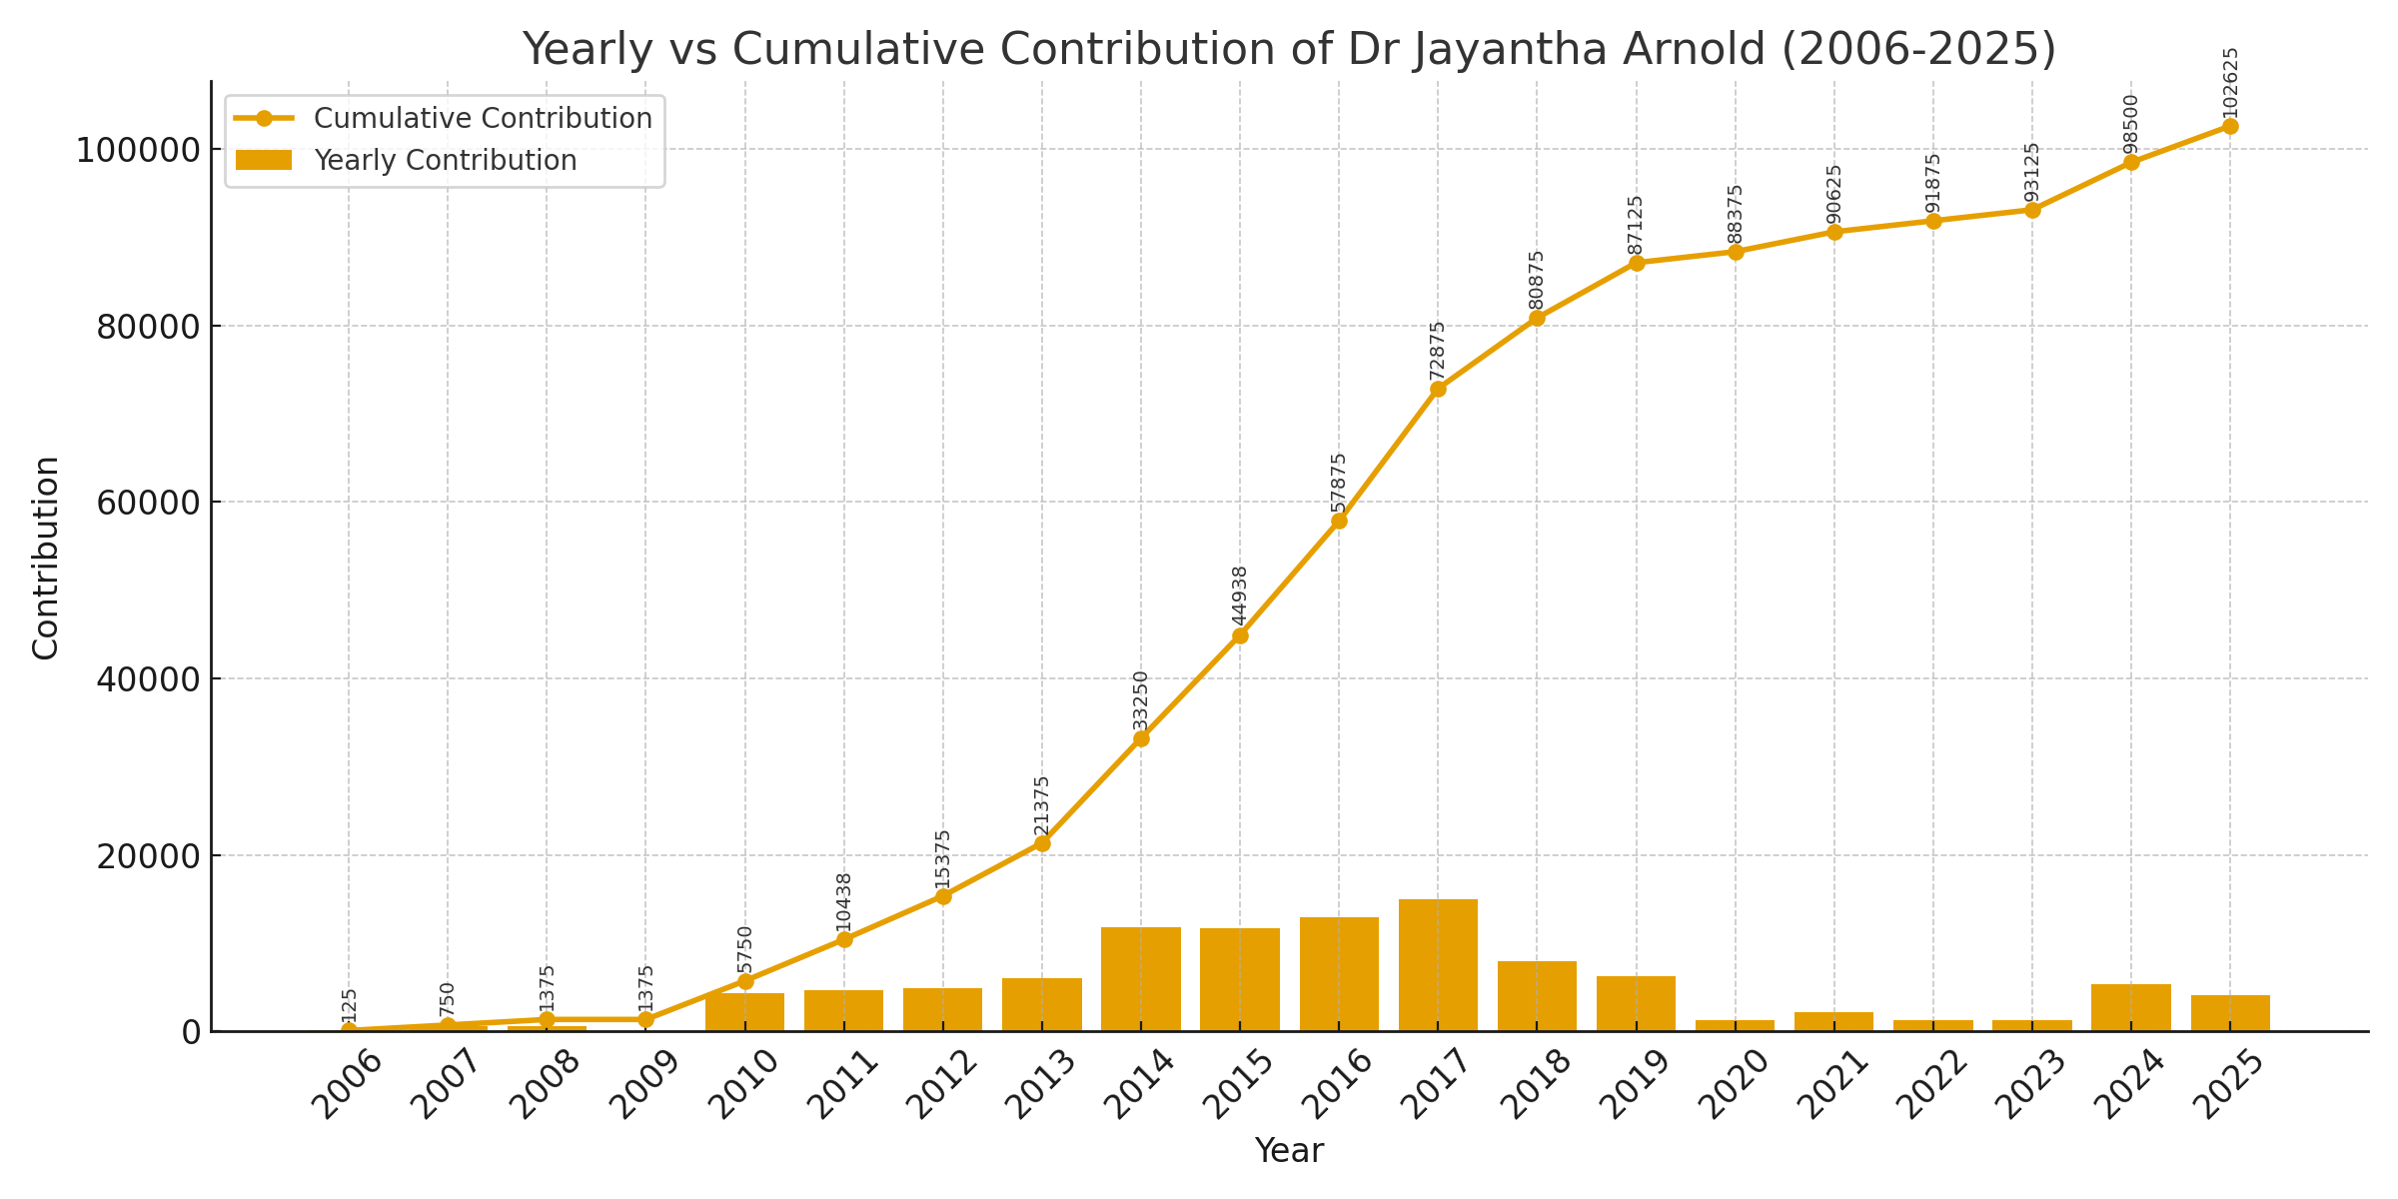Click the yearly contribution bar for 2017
click(x=1438, y=965)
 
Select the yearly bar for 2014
click(x=1141, y=979)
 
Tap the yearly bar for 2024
click(x=2130, y=1007)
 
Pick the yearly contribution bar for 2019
click(x=1636, y=1003)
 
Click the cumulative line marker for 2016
click(x=1339, y=521)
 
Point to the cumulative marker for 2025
click(x=2229, y=126)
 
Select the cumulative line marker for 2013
click(x=1042, y=843)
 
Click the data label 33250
click(x=1141, y=701)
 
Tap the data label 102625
click(x=2230, y=83)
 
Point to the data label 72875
click(x=1438, y=352)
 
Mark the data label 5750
click(x=745, y=950)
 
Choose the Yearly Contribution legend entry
click(x=445, y=161)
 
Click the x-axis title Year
click(x=1289, y=1151)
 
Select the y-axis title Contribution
click(x=46, y=557)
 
